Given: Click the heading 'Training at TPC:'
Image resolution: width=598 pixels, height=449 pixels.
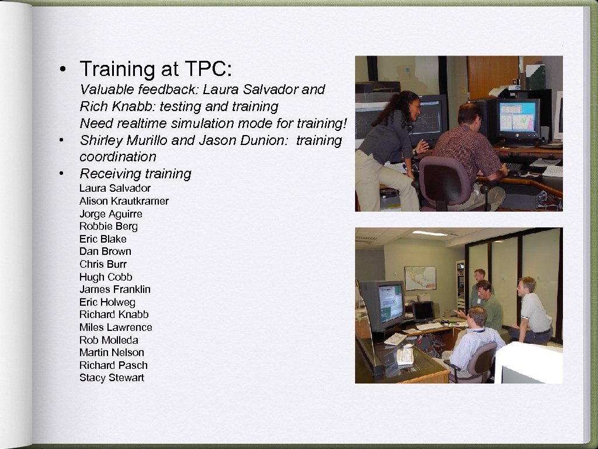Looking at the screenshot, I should tap(156, 69).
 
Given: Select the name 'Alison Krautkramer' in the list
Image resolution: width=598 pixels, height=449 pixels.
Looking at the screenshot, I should tap(124, 201).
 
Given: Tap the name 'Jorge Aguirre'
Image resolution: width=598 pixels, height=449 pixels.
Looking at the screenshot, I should tap(110, 214).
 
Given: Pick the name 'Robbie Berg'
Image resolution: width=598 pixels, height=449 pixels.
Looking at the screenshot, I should tap(109, 226).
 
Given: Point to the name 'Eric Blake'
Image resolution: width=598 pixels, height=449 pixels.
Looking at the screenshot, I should tap(103, 239).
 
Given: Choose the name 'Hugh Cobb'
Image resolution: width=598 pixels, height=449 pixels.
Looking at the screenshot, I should tap(106, 277).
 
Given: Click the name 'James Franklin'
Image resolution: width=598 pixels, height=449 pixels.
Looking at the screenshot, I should tap(115, 289).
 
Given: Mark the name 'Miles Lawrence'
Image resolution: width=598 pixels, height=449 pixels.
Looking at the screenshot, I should tap(116, 327).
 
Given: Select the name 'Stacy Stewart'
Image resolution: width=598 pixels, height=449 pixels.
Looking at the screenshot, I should tap(112, 378).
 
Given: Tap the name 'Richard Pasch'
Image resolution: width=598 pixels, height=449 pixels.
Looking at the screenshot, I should tap(113, 365).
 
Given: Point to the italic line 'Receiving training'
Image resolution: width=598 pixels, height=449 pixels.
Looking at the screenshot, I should tap(135, 174).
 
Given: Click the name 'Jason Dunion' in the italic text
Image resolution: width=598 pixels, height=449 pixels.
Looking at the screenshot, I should tap(257, 140).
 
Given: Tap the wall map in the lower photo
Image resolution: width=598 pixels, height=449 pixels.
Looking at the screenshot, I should tap(420, 278).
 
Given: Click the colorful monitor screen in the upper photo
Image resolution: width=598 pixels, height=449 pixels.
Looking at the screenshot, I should tap(517, 116).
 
